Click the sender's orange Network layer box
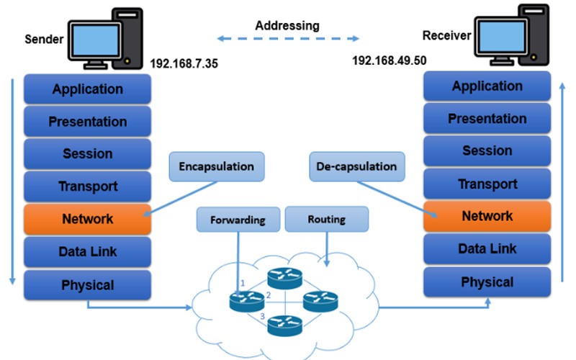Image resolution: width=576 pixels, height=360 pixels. coord(87,219)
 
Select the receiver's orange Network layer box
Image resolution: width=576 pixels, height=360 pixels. coord(487,216)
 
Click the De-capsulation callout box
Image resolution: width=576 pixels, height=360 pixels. coord(356,166)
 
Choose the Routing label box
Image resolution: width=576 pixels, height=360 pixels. coord(326,219)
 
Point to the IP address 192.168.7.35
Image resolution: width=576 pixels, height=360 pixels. coord(184,63)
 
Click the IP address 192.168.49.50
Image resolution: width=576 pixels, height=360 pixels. coord(389,60)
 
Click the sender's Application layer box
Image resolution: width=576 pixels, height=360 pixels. coord(87,89)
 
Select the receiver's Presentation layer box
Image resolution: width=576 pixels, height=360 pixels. coord(487,119)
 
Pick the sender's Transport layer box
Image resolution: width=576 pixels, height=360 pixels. coord(87,186)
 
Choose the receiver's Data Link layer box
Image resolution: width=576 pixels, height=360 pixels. coord(487,249)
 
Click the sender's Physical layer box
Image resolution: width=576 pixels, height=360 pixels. coord(87,285)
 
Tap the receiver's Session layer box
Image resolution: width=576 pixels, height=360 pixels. coord(487,151)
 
